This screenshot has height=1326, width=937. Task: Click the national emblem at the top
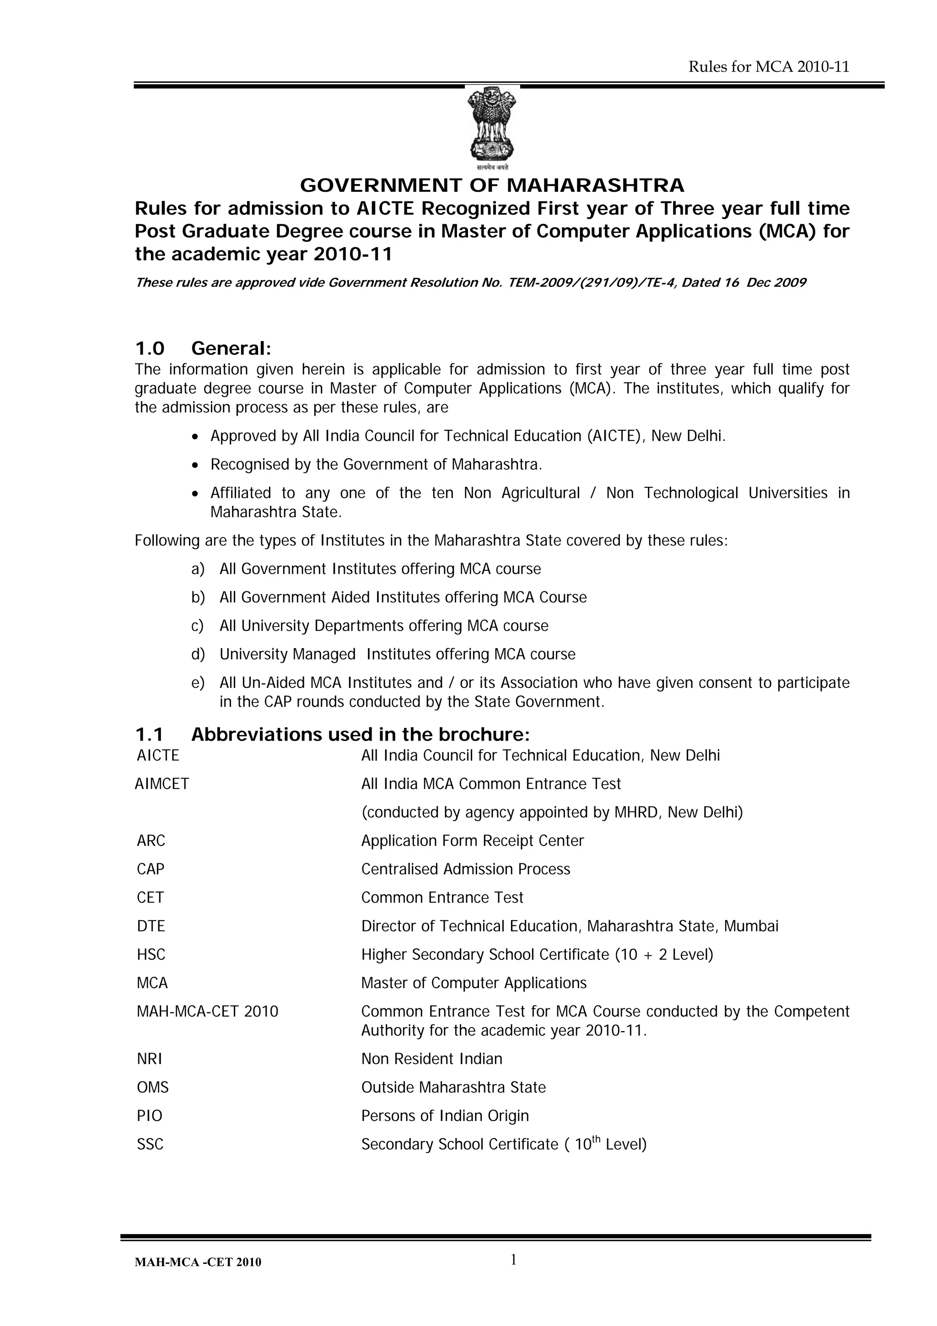pyautogui.click(x=491, y=127)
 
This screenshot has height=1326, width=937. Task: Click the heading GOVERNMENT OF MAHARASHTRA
pyautogui.click(x=492, y=185)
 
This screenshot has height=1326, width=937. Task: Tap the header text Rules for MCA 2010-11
pyautogui.click(x=769, y=67)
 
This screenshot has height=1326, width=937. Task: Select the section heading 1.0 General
pyautogui.click(x=203, y=348)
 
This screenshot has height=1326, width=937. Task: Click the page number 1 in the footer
pyautogui.click(x=513, y=1260)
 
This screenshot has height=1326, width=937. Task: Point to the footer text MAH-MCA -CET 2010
pyautogui.click(x=198, y=1262)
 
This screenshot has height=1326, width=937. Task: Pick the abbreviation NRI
pyautogui.click(x=150, y=1059)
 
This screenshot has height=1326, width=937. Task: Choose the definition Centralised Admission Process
pyautogui.click(x=465, y=869)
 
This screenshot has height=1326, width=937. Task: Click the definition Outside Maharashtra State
pyautogui.click(x=453, y=1088)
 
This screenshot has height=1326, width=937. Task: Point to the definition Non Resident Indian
pyautogui.click(x=431, y=1059)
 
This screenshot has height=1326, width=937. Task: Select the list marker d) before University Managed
pyautogui.click(x=198, y=655)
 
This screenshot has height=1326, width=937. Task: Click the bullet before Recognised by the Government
pyautogui.click(x=196, y=465)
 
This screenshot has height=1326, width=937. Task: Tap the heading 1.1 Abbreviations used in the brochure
pyautogui.click(x=332, y=735)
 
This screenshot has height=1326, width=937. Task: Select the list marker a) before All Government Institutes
pyautogui.click(x=198, y=569)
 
